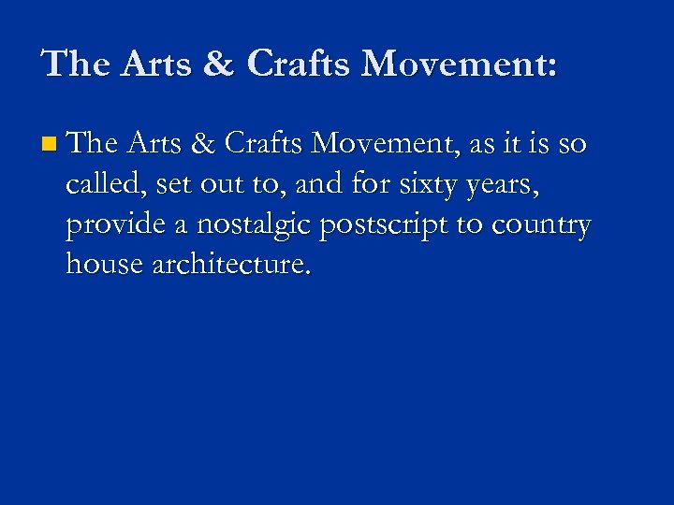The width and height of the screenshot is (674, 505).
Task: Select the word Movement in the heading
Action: [459, 64]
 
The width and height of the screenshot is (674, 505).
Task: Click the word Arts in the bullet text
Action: [157, 144]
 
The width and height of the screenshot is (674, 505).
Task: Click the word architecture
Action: [230, 266]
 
